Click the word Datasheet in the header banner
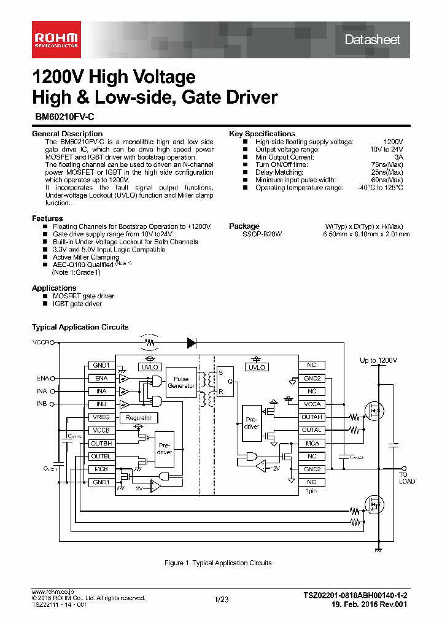(x=372, y=40)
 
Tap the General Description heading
(x=67, y=134)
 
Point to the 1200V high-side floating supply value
(x=393, y=142)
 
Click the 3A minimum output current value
(x=398, y=157)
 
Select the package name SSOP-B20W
(x=262, y=234)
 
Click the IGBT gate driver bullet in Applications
(x=77, y=304)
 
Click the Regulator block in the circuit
(x=139, y=417)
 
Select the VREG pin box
(x=100, y=417)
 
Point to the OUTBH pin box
(x=100, y=443)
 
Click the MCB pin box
(x=100, y=469)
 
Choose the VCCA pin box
(x=312, y=404)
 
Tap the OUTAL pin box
(x=312, y=430)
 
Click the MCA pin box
(x=312, y=443)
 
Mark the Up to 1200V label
(x=378, y=360)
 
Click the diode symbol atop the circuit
(x=192, y=342)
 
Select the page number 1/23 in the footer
(x=221, y=600)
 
